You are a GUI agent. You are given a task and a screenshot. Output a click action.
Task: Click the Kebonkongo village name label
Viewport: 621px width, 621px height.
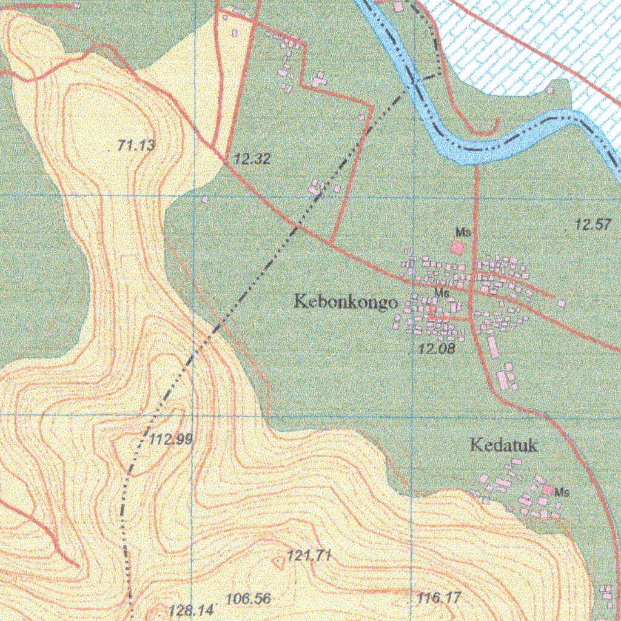pyautogui.click(x=346, y=301)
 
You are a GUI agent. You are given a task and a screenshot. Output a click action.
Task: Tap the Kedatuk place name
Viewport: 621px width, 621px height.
pyautogui.click(x=504, y=445)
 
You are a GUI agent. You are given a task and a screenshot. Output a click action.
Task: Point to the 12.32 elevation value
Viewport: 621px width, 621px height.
pyautogui.click(x=252, y=159)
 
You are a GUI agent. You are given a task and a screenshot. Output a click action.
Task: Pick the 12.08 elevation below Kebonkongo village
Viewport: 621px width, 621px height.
pyautogui.click(x=437, y=349)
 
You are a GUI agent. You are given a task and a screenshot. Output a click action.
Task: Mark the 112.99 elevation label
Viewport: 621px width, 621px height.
pyautogui.click(x=170, y=440)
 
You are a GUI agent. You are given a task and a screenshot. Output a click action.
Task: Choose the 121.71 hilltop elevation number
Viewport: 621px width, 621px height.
pyautogui.click(x=309, y=555)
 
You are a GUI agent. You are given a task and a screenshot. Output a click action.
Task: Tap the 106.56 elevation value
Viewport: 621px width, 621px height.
pyautogui.click(x=248, y=599)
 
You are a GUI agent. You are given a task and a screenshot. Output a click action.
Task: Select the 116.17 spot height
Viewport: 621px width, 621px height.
pyautogui.click(x=439, y=598)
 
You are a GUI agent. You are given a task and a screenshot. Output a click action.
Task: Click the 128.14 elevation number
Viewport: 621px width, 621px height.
pyautogui.click(x=191, y=610)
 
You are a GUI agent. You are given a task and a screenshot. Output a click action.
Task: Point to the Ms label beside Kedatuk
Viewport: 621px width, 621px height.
pyautogui.click(x=562, y=492)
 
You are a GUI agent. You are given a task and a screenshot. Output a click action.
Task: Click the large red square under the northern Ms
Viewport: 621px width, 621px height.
pyautogui.click(x=456, y=247)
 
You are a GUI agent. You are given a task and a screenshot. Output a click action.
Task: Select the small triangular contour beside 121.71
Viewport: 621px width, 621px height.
pyautogui.click(x=279, y=564)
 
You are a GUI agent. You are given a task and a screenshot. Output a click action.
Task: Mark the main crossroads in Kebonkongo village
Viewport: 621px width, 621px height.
pyautogui.click(x=473, y=289)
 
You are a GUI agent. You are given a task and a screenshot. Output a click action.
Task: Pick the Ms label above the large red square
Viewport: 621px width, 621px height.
pyautogui.click(x=463, y=232)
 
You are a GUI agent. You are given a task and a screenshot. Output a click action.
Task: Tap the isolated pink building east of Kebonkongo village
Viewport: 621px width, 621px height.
pyautogui.click(x=562, y=303)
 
